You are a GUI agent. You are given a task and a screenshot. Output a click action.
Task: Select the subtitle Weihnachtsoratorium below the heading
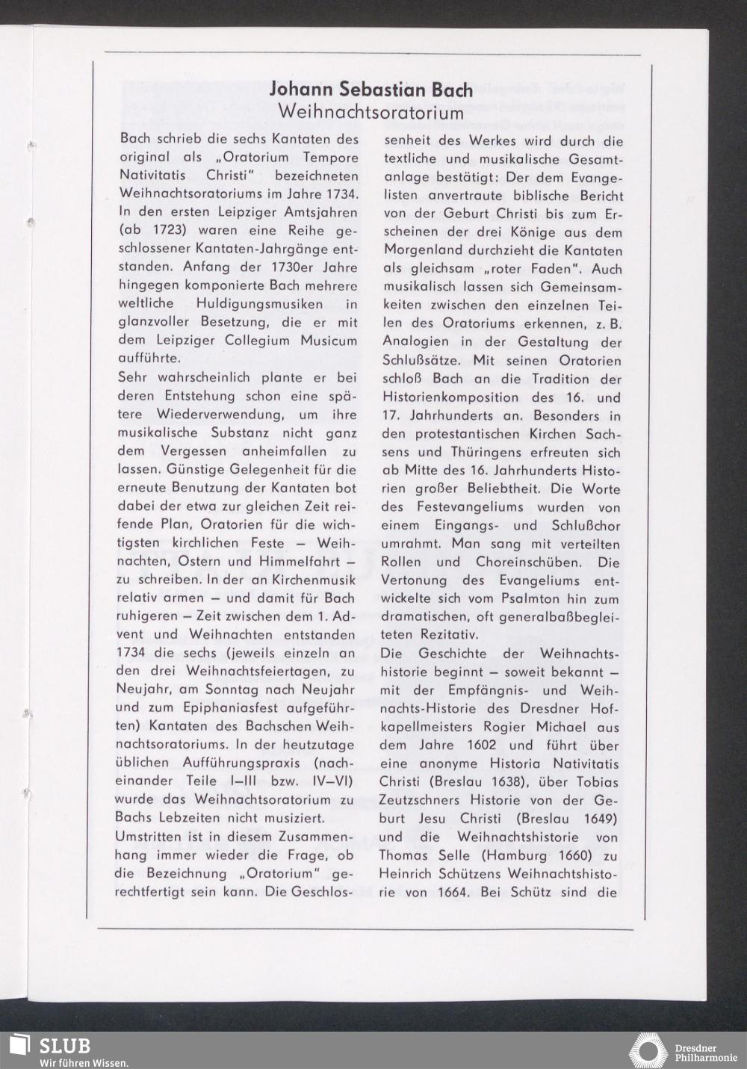click(x=371, y=112)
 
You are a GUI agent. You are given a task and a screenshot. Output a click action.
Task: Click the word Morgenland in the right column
click(x=423, y=250)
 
